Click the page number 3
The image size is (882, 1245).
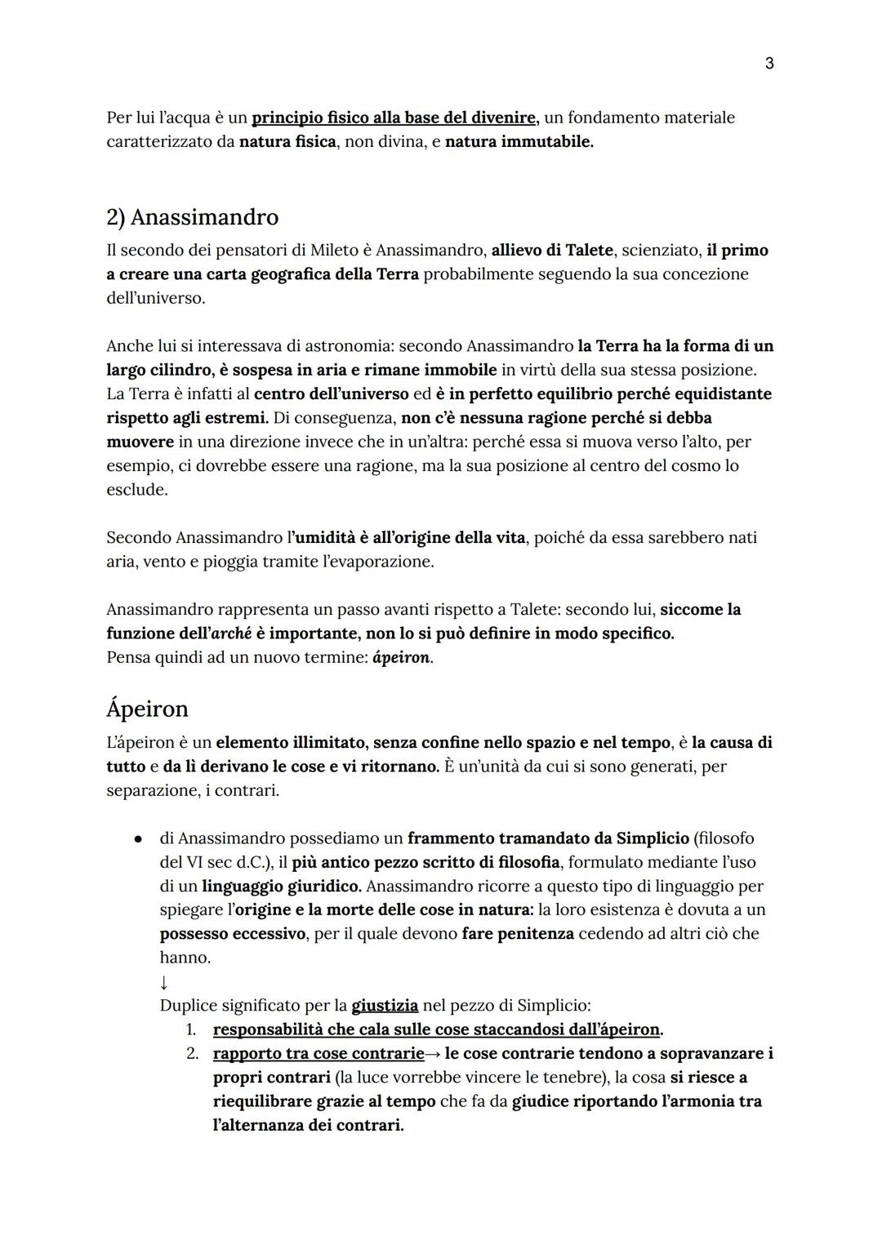[768, 63]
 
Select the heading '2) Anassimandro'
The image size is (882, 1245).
[192, 217]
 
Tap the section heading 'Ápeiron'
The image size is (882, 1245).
[147, 708]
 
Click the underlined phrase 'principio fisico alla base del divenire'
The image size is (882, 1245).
[394, 118]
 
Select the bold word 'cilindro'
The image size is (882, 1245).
[180, 370]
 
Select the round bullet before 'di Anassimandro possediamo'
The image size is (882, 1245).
[140, 838]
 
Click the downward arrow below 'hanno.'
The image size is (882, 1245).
[164, 981]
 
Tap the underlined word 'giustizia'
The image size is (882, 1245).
[385, 1005]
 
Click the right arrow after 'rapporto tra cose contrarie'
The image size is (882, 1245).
[434, 1054]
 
